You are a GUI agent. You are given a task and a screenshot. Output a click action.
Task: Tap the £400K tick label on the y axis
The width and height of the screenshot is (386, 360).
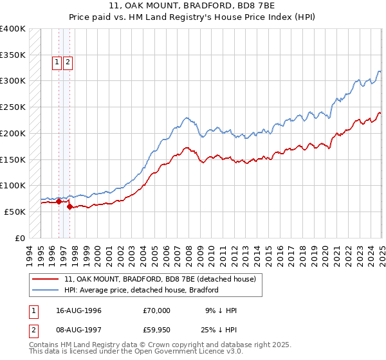tap(13, 29)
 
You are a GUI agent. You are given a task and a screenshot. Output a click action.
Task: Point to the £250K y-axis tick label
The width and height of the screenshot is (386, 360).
tap(13, 107)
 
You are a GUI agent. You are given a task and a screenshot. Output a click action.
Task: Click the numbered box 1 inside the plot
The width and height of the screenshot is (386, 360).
tap(57, 62)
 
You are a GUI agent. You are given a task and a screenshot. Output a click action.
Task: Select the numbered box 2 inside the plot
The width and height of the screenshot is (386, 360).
tap(68, 62)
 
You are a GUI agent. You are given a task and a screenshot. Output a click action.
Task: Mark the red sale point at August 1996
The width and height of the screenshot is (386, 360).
tap(59, 201)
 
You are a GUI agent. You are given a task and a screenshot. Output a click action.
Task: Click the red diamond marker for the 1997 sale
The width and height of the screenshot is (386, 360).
tap(69, 206)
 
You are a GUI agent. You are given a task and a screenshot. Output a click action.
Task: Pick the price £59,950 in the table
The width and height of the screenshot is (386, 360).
tap(157, 331)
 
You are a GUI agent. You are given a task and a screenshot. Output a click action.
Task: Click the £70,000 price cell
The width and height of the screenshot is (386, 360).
tap(157, 310)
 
